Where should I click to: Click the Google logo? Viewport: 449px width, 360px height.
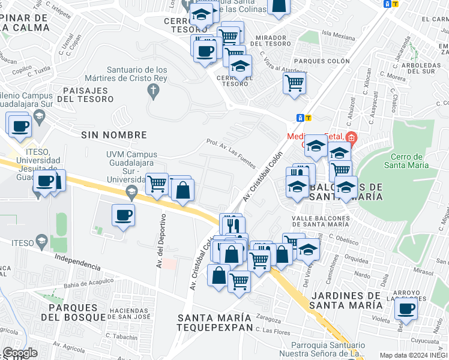(x=20, y=353)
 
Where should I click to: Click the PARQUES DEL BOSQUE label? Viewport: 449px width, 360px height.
(x=77, y=312)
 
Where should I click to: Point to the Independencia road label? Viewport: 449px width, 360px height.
(x=77, y=261)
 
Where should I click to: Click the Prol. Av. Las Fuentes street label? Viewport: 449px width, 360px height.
(x=231, y=154)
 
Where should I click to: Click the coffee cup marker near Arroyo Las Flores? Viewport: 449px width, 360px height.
(x=406, y=309)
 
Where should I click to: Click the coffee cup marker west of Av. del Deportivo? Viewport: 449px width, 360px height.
(x=123, y=215)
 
